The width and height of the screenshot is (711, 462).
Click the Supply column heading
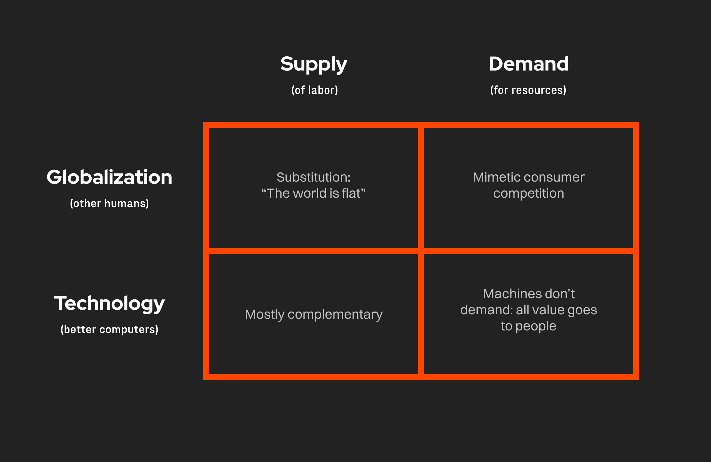[314, 65]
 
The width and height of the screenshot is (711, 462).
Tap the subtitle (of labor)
[315, 90]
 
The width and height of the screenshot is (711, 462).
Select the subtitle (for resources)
[528, 90]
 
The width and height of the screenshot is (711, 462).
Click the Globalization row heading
[109, 177]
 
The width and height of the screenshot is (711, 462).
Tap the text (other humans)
[109, 204]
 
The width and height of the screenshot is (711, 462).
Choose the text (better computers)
[109, 330]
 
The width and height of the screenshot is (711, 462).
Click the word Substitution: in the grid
[313, 177]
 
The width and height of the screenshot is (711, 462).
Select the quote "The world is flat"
[313, 194]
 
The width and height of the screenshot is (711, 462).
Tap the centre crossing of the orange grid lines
[421, 251]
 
